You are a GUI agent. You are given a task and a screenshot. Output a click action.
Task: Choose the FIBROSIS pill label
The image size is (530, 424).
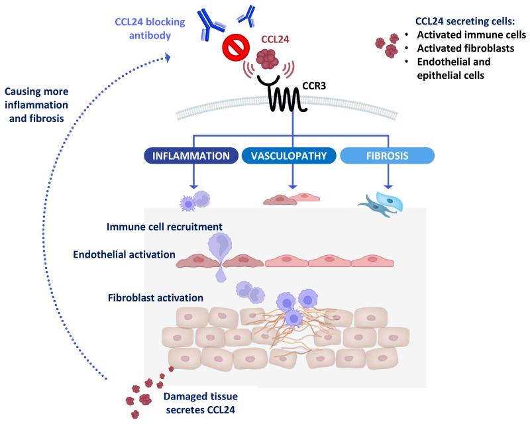point(387,156)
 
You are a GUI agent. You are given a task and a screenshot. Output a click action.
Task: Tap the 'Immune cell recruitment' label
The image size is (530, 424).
point(164,227)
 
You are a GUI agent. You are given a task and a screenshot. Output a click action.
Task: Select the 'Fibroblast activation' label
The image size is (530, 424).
point(154,297)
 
